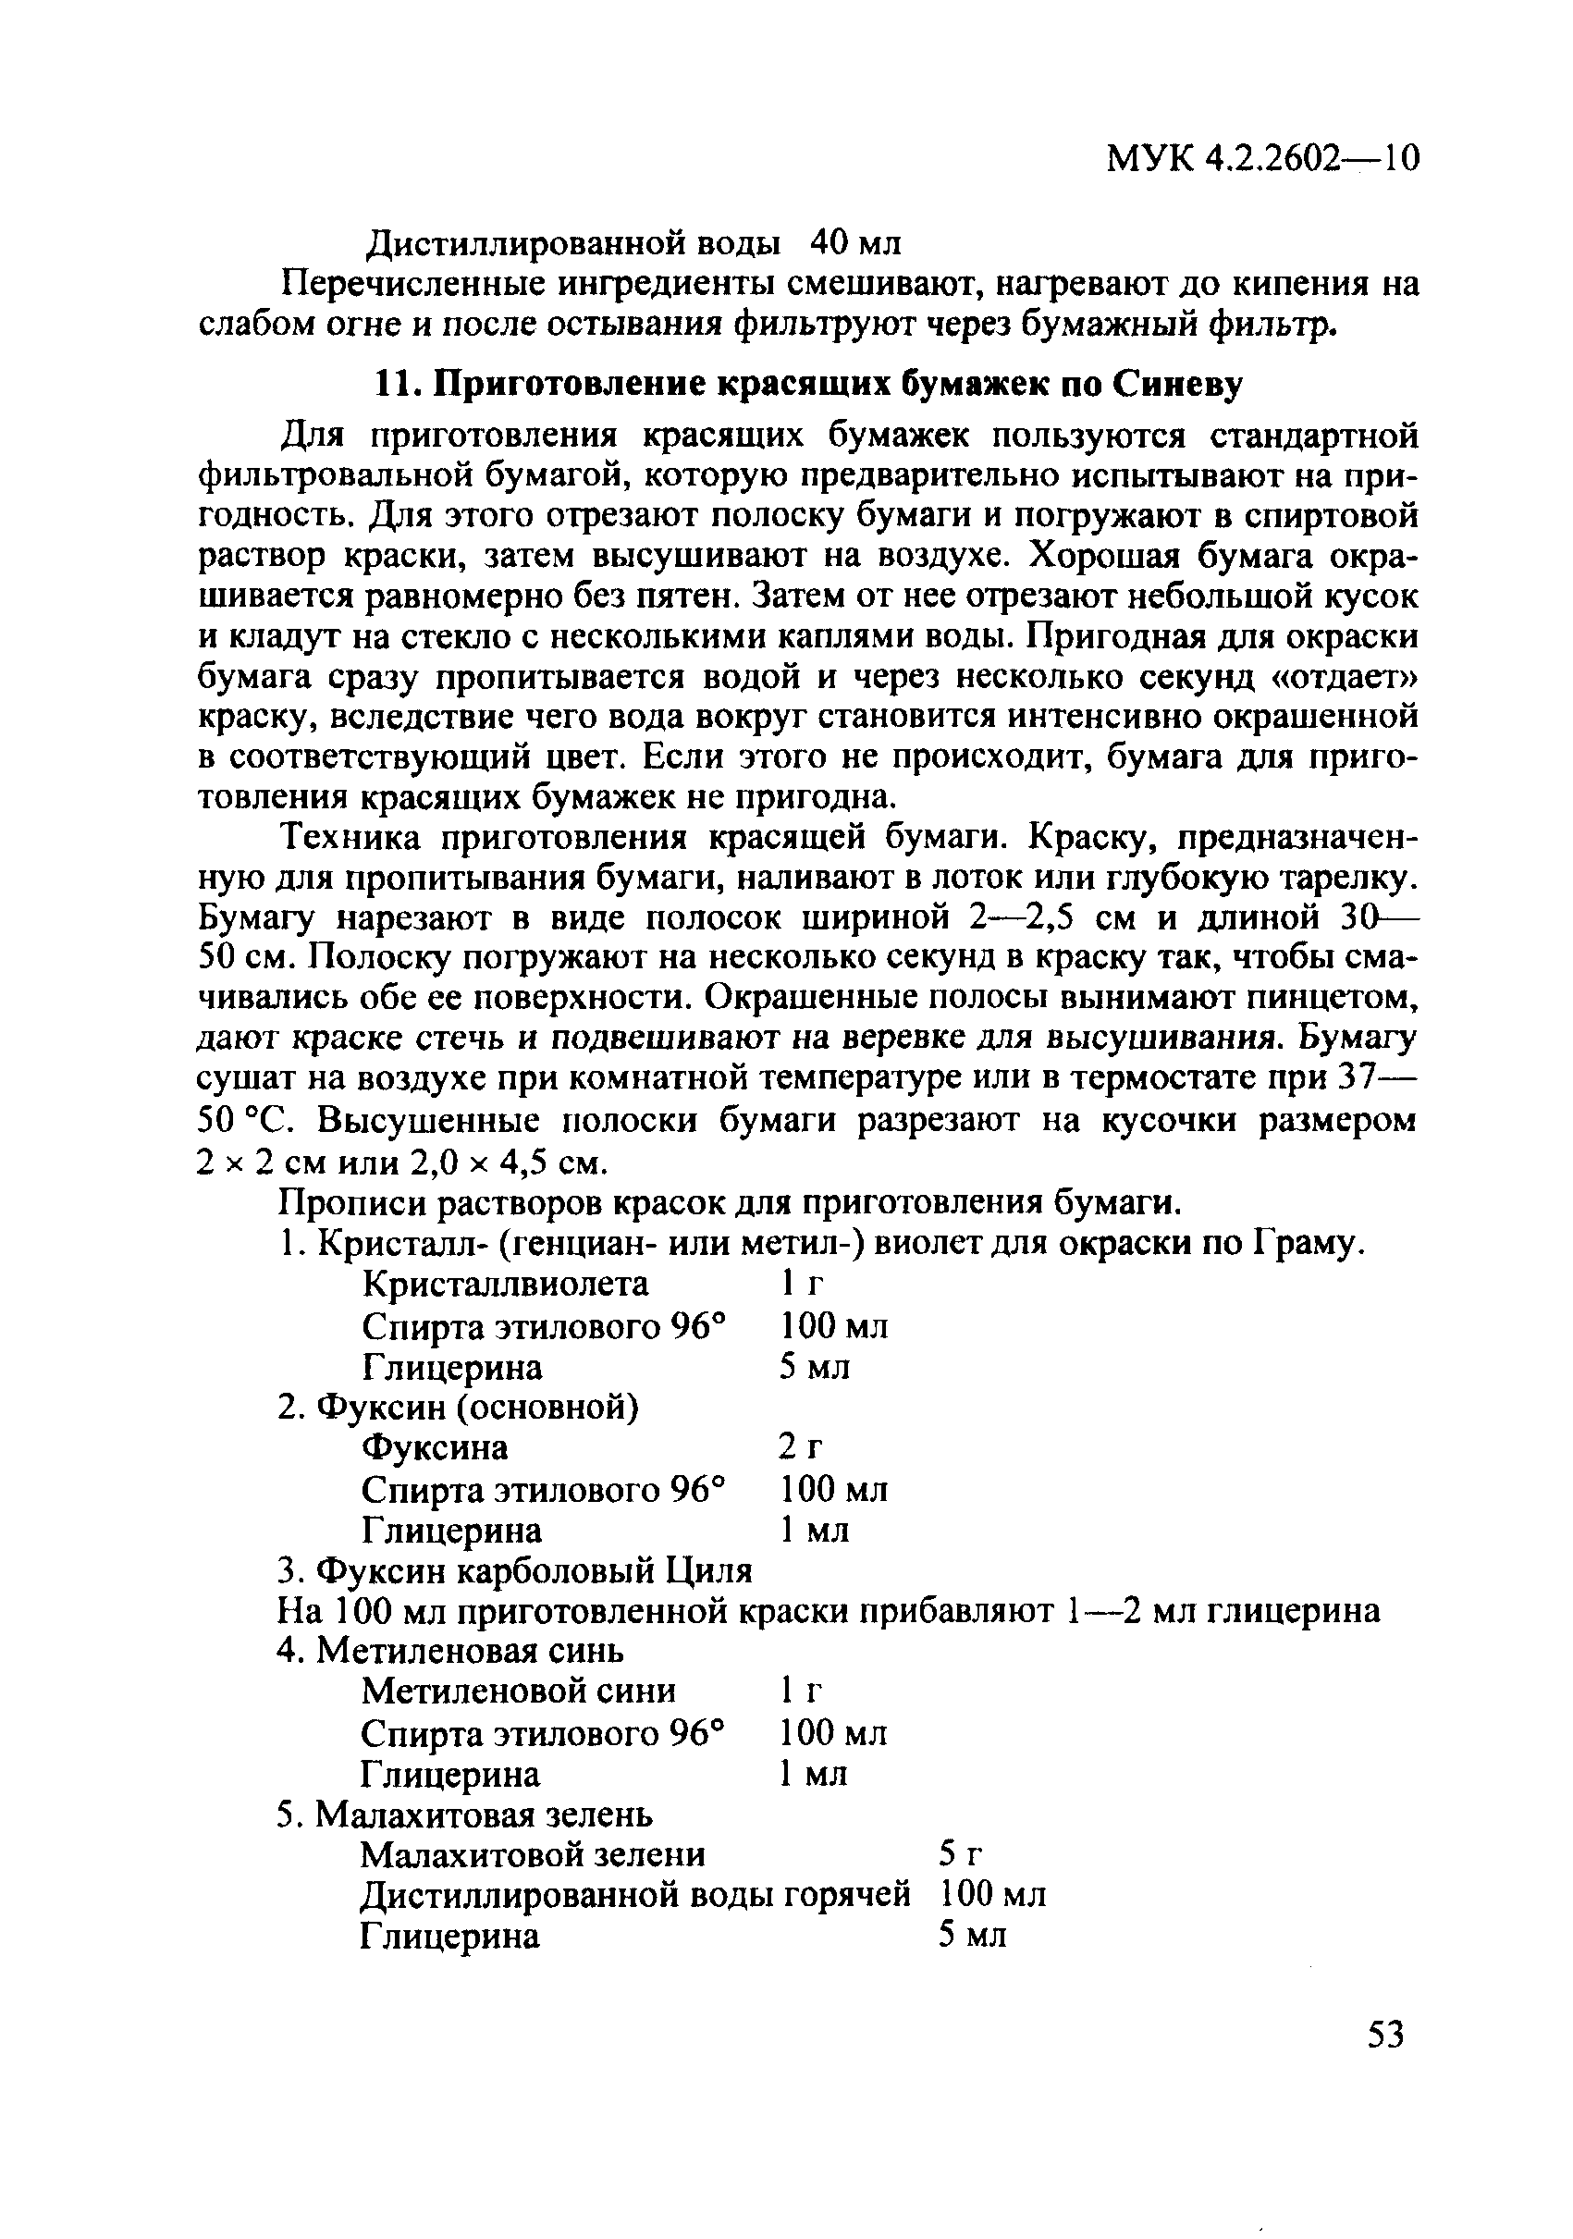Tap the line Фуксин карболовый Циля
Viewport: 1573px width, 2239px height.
514,1571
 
